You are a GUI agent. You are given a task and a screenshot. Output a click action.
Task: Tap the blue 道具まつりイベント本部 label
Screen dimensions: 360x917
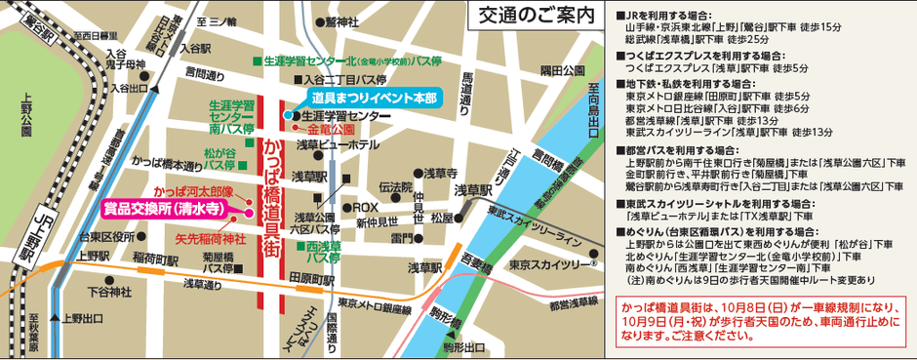point(375,99)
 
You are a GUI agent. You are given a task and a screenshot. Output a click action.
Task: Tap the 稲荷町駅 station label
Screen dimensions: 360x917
point(155,261)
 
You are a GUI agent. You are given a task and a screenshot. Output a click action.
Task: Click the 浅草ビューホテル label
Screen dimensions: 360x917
point(338,143)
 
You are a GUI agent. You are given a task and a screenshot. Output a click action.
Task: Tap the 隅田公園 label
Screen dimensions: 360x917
point(562,71)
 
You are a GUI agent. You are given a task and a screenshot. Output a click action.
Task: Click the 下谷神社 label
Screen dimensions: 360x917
point(108,292)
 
